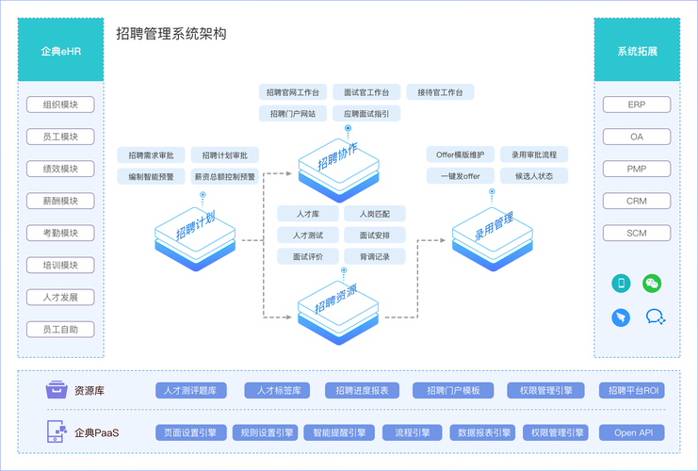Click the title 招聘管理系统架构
(x=170, y=34)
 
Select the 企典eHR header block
(x=60, y=50)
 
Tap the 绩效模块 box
(x=60, y=169)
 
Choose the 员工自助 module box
(x=60, y=330)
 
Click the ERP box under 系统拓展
(x=637, y=105)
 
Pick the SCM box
(x=637, y=233)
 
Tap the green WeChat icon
(x=652, y=283)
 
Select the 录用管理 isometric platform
(x=490, y=233)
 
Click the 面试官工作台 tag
(x=366, y=92)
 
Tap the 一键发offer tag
(x=460, y=176)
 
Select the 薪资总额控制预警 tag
(x=224, y=176)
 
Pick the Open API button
(x=632, y=433)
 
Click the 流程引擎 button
(x=412, y=433)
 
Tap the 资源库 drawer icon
(x=57, y=390)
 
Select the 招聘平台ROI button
(x=633, y=390)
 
